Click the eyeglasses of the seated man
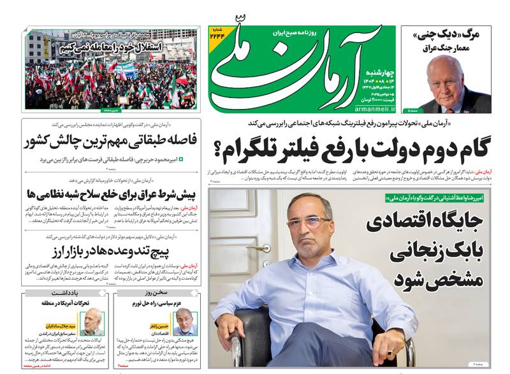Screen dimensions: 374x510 tap(309, 222)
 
